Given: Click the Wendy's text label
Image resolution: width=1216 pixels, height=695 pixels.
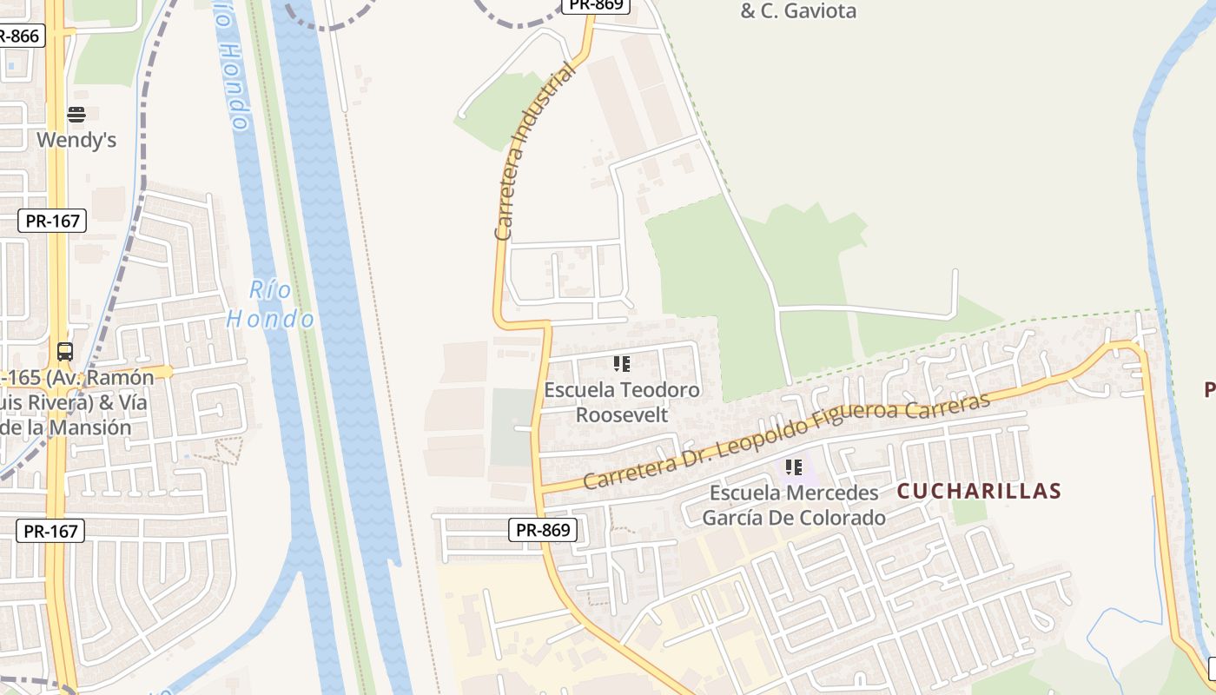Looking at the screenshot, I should (x=76, y=140).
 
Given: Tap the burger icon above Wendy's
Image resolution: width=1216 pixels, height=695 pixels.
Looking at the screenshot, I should (x=76, y=115).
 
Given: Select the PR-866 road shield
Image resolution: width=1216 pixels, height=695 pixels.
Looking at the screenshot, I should (x=19, y=36).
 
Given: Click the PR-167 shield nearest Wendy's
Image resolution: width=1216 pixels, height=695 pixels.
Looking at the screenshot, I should (x=52, y=221).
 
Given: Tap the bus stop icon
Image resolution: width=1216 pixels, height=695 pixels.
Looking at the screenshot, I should (x=65, y=352).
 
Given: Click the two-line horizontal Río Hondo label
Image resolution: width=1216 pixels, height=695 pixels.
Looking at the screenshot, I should (x=270, y=304).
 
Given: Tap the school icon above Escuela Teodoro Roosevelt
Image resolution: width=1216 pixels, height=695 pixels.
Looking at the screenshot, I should (x=622, y=364).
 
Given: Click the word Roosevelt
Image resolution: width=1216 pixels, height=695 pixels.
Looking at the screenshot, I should (x=622, y=415).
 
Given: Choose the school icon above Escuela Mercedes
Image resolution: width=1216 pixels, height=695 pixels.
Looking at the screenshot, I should (x=794, y=467).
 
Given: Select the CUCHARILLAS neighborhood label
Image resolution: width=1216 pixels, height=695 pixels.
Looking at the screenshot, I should (x=979, y=491).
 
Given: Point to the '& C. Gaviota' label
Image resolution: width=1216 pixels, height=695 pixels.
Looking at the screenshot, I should (x=798, y=11).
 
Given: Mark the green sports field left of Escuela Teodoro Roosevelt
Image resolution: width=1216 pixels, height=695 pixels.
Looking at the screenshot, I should (x=512, y=427).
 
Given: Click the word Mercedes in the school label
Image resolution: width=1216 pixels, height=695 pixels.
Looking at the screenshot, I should (x=831, y=493).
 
